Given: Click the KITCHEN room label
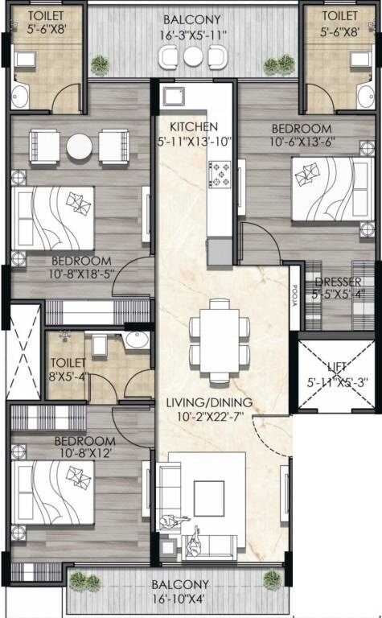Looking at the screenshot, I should tap(193, 126).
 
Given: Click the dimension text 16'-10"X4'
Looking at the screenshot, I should tap(179, 599).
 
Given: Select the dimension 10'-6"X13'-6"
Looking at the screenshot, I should tap(301, 142).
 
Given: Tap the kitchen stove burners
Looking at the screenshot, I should tap(220, 174).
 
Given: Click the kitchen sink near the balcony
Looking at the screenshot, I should tap(171, 97).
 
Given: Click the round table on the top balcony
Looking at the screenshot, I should tap(192, 56).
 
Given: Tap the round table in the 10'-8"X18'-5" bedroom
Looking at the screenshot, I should tap(80, 146).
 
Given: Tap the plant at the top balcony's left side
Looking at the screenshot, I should tap(100, 64).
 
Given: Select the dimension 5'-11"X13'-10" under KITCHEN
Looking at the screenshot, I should tap(195, 142).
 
